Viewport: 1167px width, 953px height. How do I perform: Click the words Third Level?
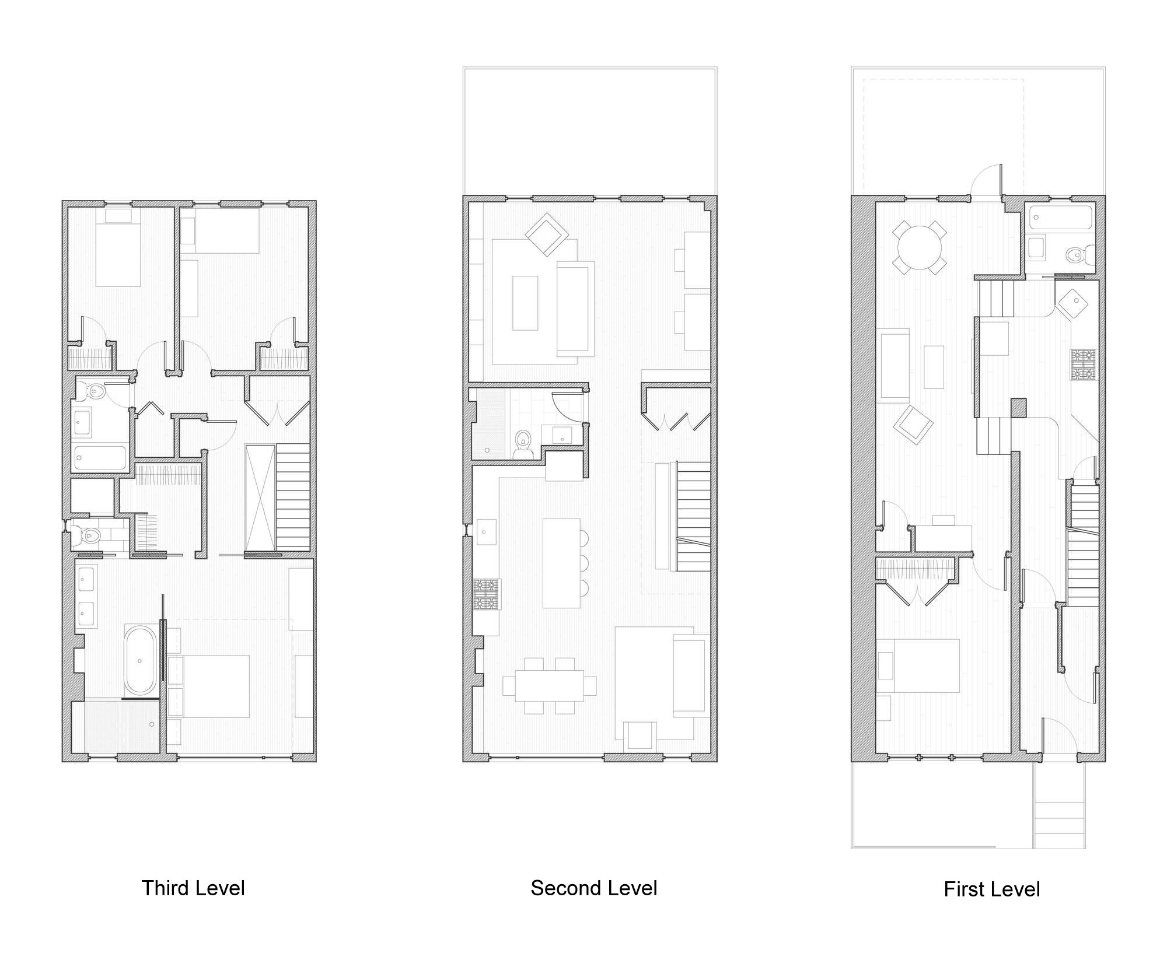193,888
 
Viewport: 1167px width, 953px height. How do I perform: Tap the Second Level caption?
593,888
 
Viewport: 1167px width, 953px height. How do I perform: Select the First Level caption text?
991,889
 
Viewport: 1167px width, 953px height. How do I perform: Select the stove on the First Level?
1084,365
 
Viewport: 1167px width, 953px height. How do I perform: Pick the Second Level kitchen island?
561,563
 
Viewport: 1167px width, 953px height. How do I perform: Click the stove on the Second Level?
487,594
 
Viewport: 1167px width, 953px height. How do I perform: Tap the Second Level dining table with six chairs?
550,685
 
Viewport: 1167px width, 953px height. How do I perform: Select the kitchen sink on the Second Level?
485,531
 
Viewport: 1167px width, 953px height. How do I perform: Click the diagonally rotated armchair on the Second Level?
547,234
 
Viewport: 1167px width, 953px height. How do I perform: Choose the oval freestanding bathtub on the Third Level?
140,660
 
